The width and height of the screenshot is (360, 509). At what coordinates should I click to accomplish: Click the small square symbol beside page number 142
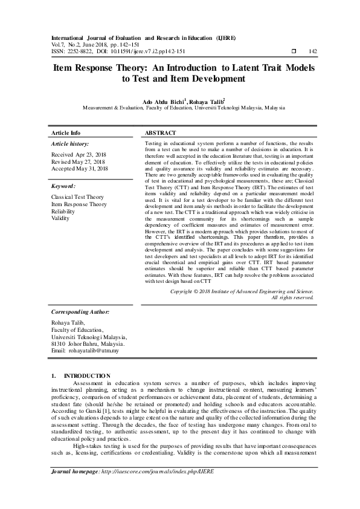point(294,52)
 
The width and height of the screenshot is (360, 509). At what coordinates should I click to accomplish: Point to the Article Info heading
point(66,132)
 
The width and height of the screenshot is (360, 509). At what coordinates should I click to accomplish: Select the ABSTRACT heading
point(161,132)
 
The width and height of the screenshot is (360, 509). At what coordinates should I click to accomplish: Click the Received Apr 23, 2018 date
point(79,155)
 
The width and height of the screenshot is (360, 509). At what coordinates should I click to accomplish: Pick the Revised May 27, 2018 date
point(79,163)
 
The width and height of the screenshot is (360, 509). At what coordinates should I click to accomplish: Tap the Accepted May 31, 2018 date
point(80,170)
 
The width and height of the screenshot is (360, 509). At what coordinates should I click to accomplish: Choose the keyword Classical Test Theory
point(77,197)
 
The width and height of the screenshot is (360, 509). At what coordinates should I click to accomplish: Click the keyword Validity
point(60,218)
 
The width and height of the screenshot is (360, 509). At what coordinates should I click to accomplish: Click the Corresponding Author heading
point(80,311)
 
